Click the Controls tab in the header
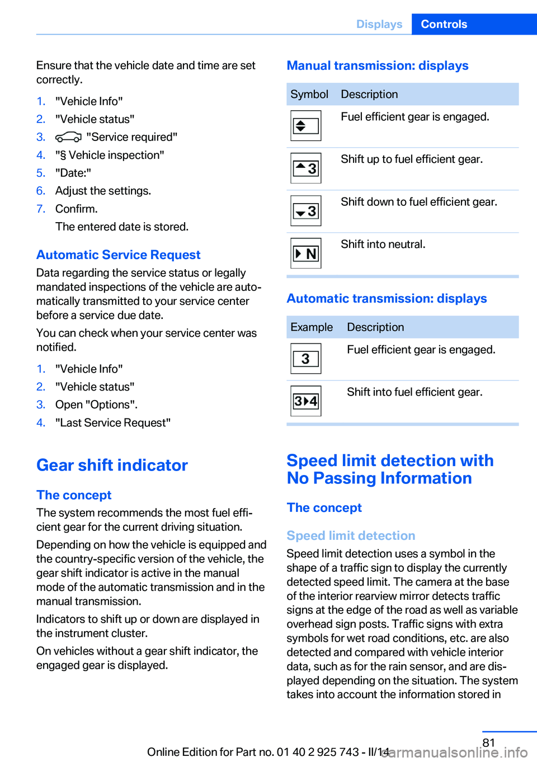pyautogui.click(x=444, y=24)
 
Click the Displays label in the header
pyautogui.click(x=379, y=24)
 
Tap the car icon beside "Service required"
pyautogui.click(x=69, y=137)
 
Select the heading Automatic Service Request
pyautogui.click(x=118, y=255)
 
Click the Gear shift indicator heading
pyautogui.click(x=112, y=465)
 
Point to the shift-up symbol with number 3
pyautogui.click(x=306, y=168)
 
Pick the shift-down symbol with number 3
pyautogui.click(x=306, y=211)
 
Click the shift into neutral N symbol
pyautogui.click(x=306, y=253)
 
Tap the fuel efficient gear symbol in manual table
pyautogui.click(x=306, y=125)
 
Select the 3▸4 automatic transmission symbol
pyautogui.click(x=306, y=401)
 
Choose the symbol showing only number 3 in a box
pyautogui.click(x=306, y=359)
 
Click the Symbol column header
pyautogui.click(x=309, y=94)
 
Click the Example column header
pyautogui.click(x=312, y=327)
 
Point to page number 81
pyautogui.click(x=489, y=742)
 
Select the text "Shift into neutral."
pyautogui.click(x=383, y=244)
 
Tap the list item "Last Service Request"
pyautogui.click(x=113, y=422)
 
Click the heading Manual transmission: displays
pyautogui.click(x=378, y=65)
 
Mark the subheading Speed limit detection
pyautogui.click(x=351, y=535)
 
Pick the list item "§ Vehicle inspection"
pyautogui.click(x=110, y=155)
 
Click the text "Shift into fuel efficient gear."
pyautogui.click(x=414, y=392)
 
